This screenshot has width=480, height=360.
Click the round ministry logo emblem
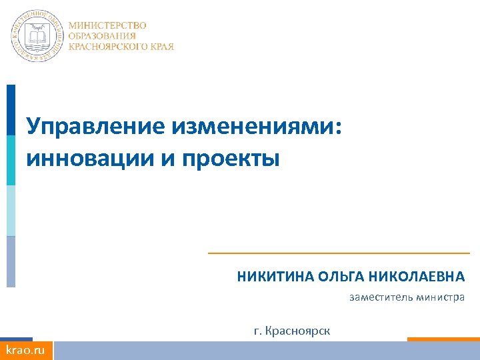tap(37, 37)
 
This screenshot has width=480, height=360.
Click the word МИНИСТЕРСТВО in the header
tap(107, 25)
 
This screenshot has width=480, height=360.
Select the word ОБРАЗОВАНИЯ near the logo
tap(102, 36)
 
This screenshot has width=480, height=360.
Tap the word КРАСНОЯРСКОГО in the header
tap(106, 47)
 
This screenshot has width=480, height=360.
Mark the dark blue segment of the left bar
tap(11, 110)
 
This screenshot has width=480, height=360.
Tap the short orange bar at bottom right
tap(443, 339)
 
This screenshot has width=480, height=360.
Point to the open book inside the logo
tap(37, 36)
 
